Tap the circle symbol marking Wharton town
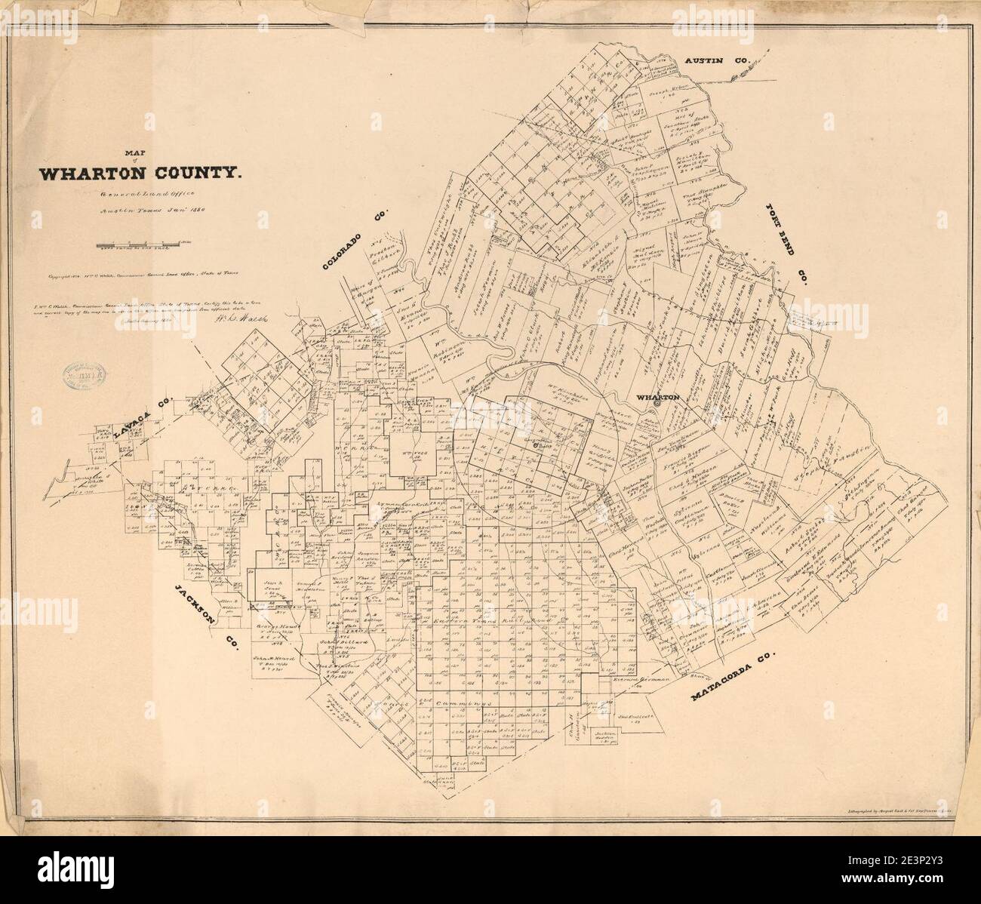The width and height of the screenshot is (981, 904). (657, 404)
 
